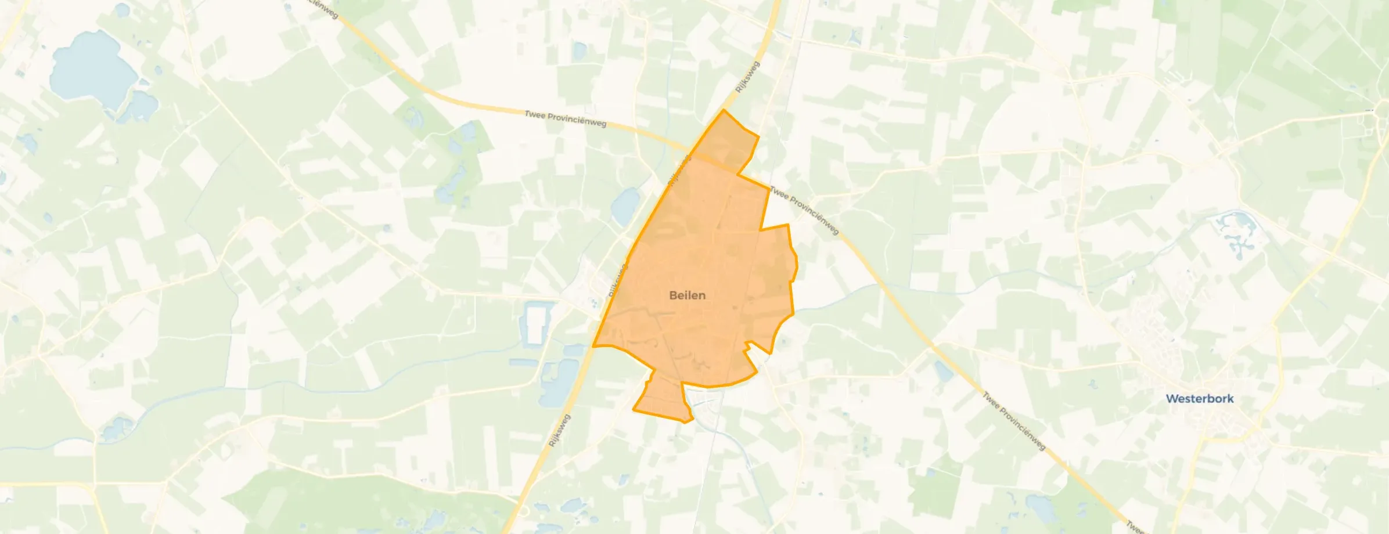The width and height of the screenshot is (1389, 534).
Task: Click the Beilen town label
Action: point(687,295)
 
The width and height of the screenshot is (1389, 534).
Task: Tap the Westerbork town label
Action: point(1200,399)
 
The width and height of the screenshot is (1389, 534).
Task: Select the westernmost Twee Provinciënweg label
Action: point(565,118)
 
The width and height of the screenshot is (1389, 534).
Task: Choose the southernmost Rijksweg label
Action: point(560,430)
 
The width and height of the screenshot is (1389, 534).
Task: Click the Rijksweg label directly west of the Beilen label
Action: point(618,281)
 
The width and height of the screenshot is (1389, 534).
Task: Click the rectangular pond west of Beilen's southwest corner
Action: point(536,325)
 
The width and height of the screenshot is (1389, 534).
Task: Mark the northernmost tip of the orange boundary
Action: point(724,110)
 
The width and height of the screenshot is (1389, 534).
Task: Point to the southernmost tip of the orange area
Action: point(685,422)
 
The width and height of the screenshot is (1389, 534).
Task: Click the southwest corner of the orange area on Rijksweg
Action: point(593,346)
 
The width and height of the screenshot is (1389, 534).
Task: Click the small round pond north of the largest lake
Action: point(122,9)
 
